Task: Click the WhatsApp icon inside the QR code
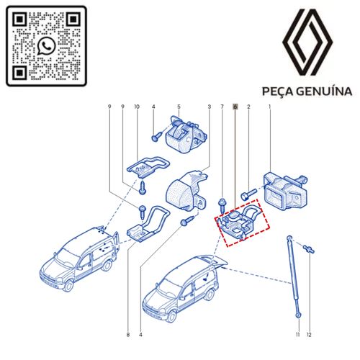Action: click(46, 45)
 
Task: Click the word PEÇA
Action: click(277, 91)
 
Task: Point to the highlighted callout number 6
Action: click(235, 107)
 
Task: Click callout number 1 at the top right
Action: click(270, 107)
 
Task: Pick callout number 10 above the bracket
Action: click(136, 107)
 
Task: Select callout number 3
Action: click(209, 107)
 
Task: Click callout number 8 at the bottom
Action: click(128, 335)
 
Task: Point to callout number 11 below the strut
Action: click(297, 335)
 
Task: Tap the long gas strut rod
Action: click(292, 277)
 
